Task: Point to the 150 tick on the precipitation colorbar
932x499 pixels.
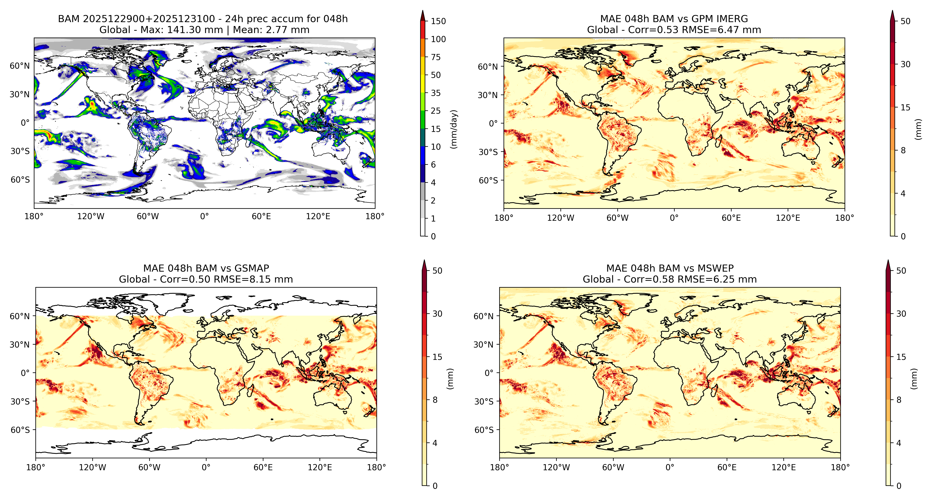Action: (x=438, y=21)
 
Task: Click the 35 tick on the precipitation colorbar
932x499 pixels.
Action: (x=436, y=93)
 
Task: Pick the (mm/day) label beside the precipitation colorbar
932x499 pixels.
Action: (x=454, y=129)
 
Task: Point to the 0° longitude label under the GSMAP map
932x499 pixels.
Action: (x=206, y=467)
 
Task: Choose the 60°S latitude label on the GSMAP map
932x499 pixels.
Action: (x=20, y=430)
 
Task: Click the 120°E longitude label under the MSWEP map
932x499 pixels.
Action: (x=783, y=467)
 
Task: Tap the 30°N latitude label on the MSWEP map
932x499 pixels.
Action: (x=483, y=344)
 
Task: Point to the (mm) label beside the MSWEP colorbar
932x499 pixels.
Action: (x=914, y=379)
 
